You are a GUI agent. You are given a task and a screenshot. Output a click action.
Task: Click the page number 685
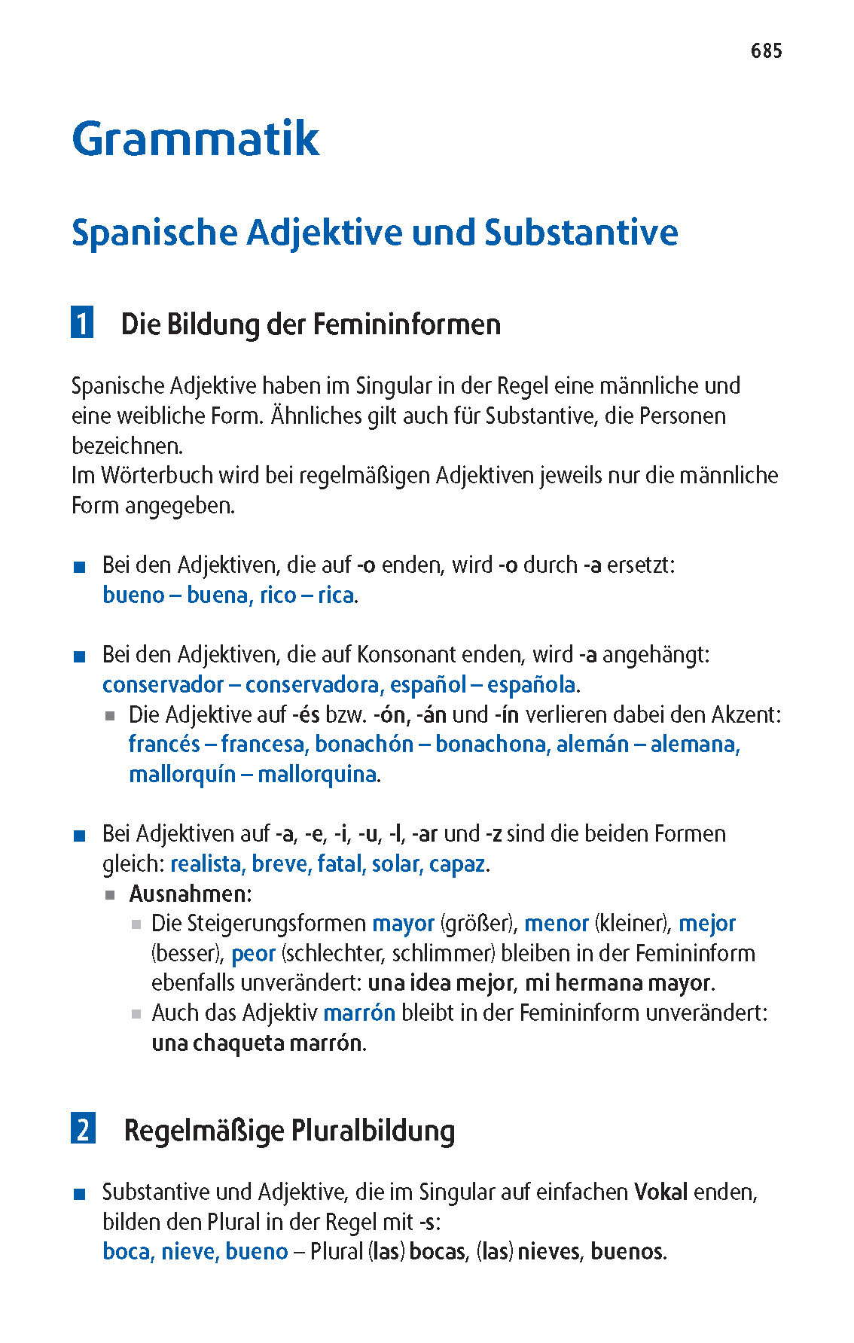[766, 51]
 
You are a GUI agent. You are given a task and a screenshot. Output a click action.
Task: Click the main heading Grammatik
[196, 139]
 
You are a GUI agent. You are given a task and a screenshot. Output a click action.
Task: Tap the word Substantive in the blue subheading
[581, 233]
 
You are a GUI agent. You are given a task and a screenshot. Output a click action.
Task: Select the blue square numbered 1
[82, 323]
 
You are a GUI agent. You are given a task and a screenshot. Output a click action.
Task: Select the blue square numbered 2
[83, 1129]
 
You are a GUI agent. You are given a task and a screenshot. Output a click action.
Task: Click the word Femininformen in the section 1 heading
[407, 324]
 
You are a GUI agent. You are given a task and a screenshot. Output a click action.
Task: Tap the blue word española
[532, 685]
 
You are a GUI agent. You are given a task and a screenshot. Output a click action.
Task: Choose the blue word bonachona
[492, 745]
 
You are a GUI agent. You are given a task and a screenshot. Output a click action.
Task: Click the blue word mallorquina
[317, 775]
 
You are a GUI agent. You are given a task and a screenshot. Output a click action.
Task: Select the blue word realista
[207, 864]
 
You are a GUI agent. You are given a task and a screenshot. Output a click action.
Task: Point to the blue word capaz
[457, 864]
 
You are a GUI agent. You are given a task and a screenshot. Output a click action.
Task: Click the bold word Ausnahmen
[190, 894]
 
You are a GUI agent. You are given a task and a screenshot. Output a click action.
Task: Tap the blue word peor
[253, 954]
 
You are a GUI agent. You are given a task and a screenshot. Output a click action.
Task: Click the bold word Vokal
[660, 1192]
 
